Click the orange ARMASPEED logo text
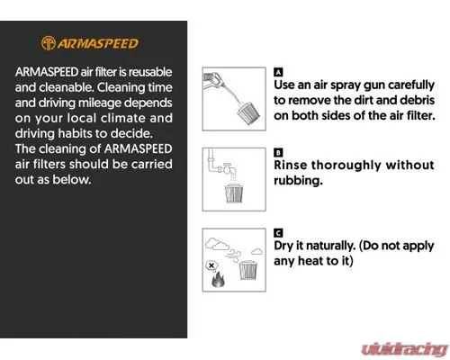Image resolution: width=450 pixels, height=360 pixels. pos(98,44)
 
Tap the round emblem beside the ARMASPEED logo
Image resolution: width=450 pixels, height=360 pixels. pos(48,43)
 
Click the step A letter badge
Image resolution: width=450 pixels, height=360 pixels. pos(278,72)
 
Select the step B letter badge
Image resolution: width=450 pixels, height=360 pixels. pos(278,153)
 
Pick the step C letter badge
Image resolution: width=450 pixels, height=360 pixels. pos(278,233)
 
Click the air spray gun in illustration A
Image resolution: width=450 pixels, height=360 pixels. pos(215,80)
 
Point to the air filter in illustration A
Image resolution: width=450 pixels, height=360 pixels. pos(248,114)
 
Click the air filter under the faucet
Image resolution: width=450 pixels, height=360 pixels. pos(234,193)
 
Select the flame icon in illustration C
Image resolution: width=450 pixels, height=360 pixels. pos(218,280)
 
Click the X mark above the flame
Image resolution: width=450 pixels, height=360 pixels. pos(211,265)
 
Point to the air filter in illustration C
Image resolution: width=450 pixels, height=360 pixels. pos(248,270)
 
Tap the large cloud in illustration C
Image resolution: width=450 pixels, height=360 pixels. pos(217,244)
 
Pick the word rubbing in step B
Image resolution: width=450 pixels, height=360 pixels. pos(298,181)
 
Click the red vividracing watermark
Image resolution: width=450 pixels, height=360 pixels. pos(405,349)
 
